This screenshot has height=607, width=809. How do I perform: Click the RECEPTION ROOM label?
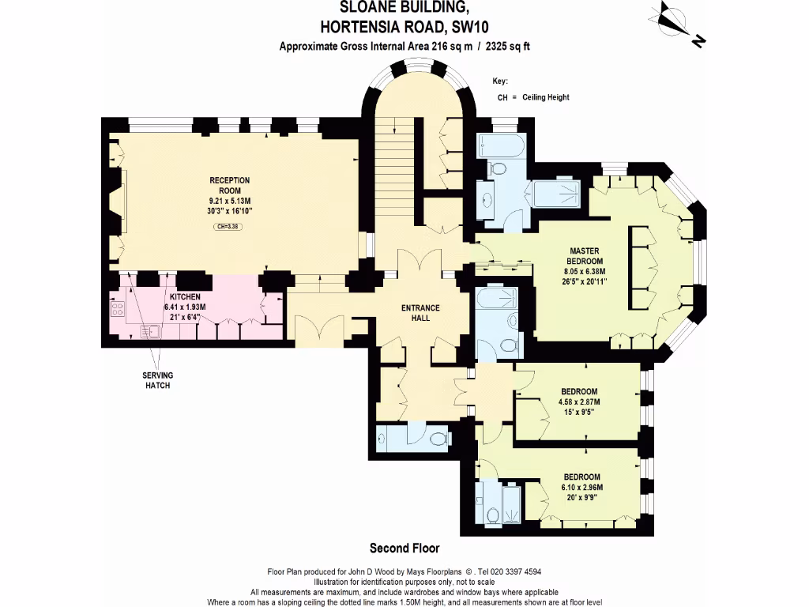(230, 185)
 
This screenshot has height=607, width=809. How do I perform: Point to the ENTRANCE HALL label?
(420, 312)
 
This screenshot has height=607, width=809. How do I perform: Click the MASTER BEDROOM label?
(585, 256)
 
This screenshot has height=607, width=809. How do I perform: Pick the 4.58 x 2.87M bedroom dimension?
(579, 402)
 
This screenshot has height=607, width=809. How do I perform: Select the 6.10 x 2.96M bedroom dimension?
(581, 487)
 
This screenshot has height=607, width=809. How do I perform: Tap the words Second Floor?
(404, 548)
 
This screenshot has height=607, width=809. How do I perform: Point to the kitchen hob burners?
(119, 309)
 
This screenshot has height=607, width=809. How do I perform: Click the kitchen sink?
(148, 330)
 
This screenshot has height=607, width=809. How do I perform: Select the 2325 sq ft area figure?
(500, 46)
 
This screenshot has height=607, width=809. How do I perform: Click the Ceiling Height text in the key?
(544, 97)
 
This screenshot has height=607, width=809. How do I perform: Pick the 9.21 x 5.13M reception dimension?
(230, 201)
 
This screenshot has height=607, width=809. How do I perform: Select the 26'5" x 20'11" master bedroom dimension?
(585, 281)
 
